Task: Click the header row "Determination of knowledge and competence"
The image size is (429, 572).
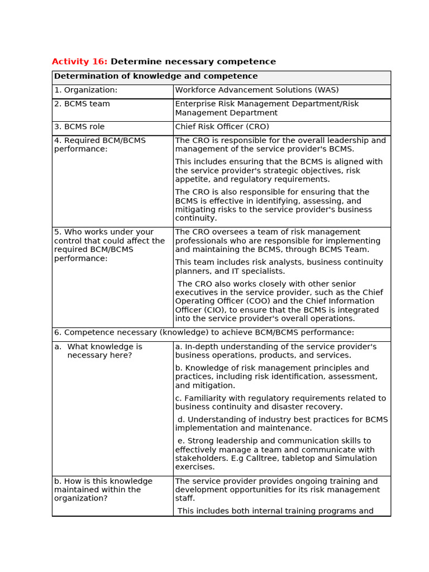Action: pyautogui.click(x=156, y=77)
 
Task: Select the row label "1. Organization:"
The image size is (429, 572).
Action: pyautogui.click(x=85, y=90)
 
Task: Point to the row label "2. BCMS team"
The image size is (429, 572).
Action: pyautogui.click(x=82, y=104)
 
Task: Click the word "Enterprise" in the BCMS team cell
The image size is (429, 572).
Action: pyautogui.click(x=196, y=104)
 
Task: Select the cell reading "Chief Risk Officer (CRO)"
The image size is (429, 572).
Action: pyautogui.click(x=222, y=127)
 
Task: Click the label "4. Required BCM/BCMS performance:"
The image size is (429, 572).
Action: pyautogui.click(x=99, y=145)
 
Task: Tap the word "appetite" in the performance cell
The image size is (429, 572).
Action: pyautogui.click(x=191, y=179)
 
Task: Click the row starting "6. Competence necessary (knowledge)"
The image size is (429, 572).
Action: pyautogui.click(x=204, y=333)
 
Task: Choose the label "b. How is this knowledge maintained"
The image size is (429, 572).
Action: pyautogui.click(x=103, y=489)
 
